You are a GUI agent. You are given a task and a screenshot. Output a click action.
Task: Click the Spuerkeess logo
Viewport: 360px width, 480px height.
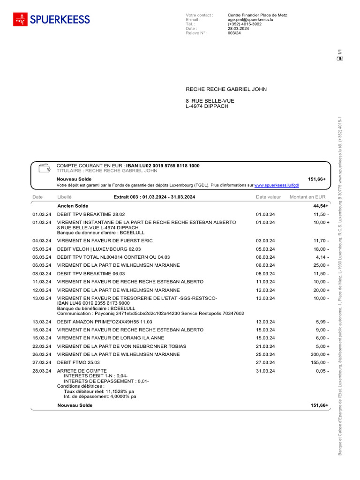tap(52, 19)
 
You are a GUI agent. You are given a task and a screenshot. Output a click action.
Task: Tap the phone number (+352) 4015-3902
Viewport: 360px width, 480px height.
tap(244, 24)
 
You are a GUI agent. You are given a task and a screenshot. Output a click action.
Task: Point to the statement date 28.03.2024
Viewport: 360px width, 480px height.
tap(238, 29)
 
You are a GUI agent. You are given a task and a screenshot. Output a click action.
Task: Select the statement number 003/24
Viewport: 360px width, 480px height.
tap(234, 33)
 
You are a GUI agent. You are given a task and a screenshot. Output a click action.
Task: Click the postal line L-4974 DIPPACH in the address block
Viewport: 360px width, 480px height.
tap(207, 106)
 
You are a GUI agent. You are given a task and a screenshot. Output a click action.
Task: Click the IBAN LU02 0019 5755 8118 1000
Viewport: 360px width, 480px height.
tap(163, 166)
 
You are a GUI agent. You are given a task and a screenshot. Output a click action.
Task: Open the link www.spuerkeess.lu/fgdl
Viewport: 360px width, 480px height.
tap(277, 185)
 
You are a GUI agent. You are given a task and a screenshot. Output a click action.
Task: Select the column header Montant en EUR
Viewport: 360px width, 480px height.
tap(307, 197)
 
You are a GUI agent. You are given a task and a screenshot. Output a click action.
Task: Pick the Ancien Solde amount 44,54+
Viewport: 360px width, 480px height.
tap(321, 206)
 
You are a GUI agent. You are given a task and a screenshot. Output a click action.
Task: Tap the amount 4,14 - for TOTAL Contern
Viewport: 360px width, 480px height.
tap(322, 257)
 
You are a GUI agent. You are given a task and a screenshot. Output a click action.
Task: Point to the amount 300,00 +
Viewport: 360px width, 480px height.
tap(320, 354)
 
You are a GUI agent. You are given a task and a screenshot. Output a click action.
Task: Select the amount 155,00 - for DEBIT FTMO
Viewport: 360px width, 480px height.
tap(321, 362)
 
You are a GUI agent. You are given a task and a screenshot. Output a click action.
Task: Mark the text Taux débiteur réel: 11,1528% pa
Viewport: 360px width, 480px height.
tap(99, 391)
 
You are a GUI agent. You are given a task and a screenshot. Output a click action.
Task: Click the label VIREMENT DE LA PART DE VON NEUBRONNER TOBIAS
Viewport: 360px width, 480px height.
tap(121, 346)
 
